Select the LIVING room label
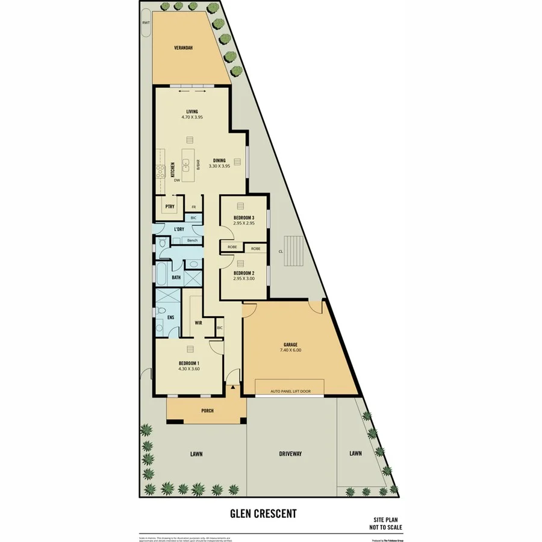192,111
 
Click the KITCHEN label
172,169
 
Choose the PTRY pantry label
169,206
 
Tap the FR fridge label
194,207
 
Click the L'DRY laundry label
179,229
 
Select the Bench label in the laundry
192,240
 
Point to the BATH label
176,278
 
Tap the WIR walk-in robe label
198,323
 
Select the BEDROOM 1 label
189,363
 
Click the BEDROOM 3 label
244,217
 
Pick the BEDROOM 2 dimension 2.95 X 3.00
244,279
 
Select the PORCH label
206,411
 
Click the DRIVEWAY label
290,453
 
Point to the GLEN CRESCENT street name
263,514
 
